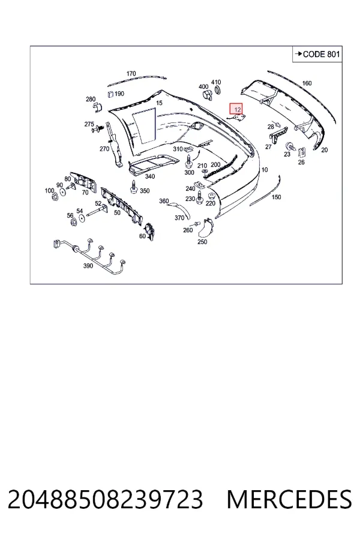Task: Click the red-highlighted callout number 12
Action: pyautogui.click(x=236, y=109)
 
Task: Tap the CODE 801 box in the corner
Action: pyautogui.click(x=317, y=54)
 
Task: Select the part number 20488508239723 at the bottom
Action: pyautogui.click(x=105, y=499)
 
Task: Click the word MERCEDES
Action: pyautogui.click(x=289, y=499)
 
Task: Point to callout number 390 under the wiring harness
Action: pyautogui.click(x=88, y=266)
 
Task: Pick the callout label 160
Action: pyautogui.click(x=307, y=83)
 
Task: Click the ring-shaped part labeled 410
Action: pyautogui.click(x=218, y=91)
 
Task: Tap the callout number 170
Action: pyautogui.click(x=131, y=73)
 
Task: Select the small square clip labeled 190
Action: pyautogui.click(x=110, y=94)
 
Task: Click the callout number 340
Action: pyautogui.click(x=150, y=176)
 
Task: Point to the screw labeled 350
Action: pyautogui.click(x=133, y=187)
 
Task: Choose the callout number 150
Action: pyautogui.click(x=276, y=197)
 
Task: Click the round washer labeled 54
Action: pyautogui.click(x=82, y=218)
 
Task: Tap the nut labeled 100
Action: pyautogui.click(x=54, y=197)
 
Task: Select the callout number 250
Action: pyautogui.click(x=202, y=242)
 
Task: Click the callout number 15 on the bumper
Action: pyautogui.click(x=159, y=103)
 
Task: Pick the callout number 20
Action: pyautogui.click(x=324, y=150)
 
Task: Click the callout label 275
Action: pyautogui.click(x=89, y=124)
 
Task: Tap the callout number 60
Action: pyautogui.click(x=142, y=236)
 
